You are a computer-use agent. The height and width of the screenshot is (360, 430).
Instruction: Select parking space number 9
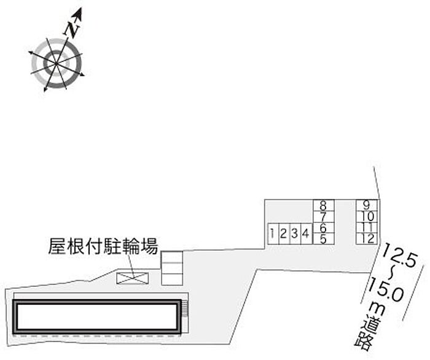[367, 205]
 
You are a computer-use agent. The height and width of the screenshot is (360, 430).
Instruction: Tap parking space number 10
[367, 216]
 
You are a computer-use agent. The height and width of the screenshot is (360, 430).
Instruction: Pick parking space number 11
[367, 228]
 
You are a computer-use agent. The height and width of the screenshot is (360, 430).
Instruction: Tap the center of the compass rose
[57, 63]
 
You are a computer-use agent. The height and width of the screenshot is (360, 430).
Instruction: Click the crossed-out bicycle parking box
[133, 278]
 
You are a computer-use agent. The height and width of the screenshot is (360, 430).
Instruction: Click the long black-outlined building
[98, 316]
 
